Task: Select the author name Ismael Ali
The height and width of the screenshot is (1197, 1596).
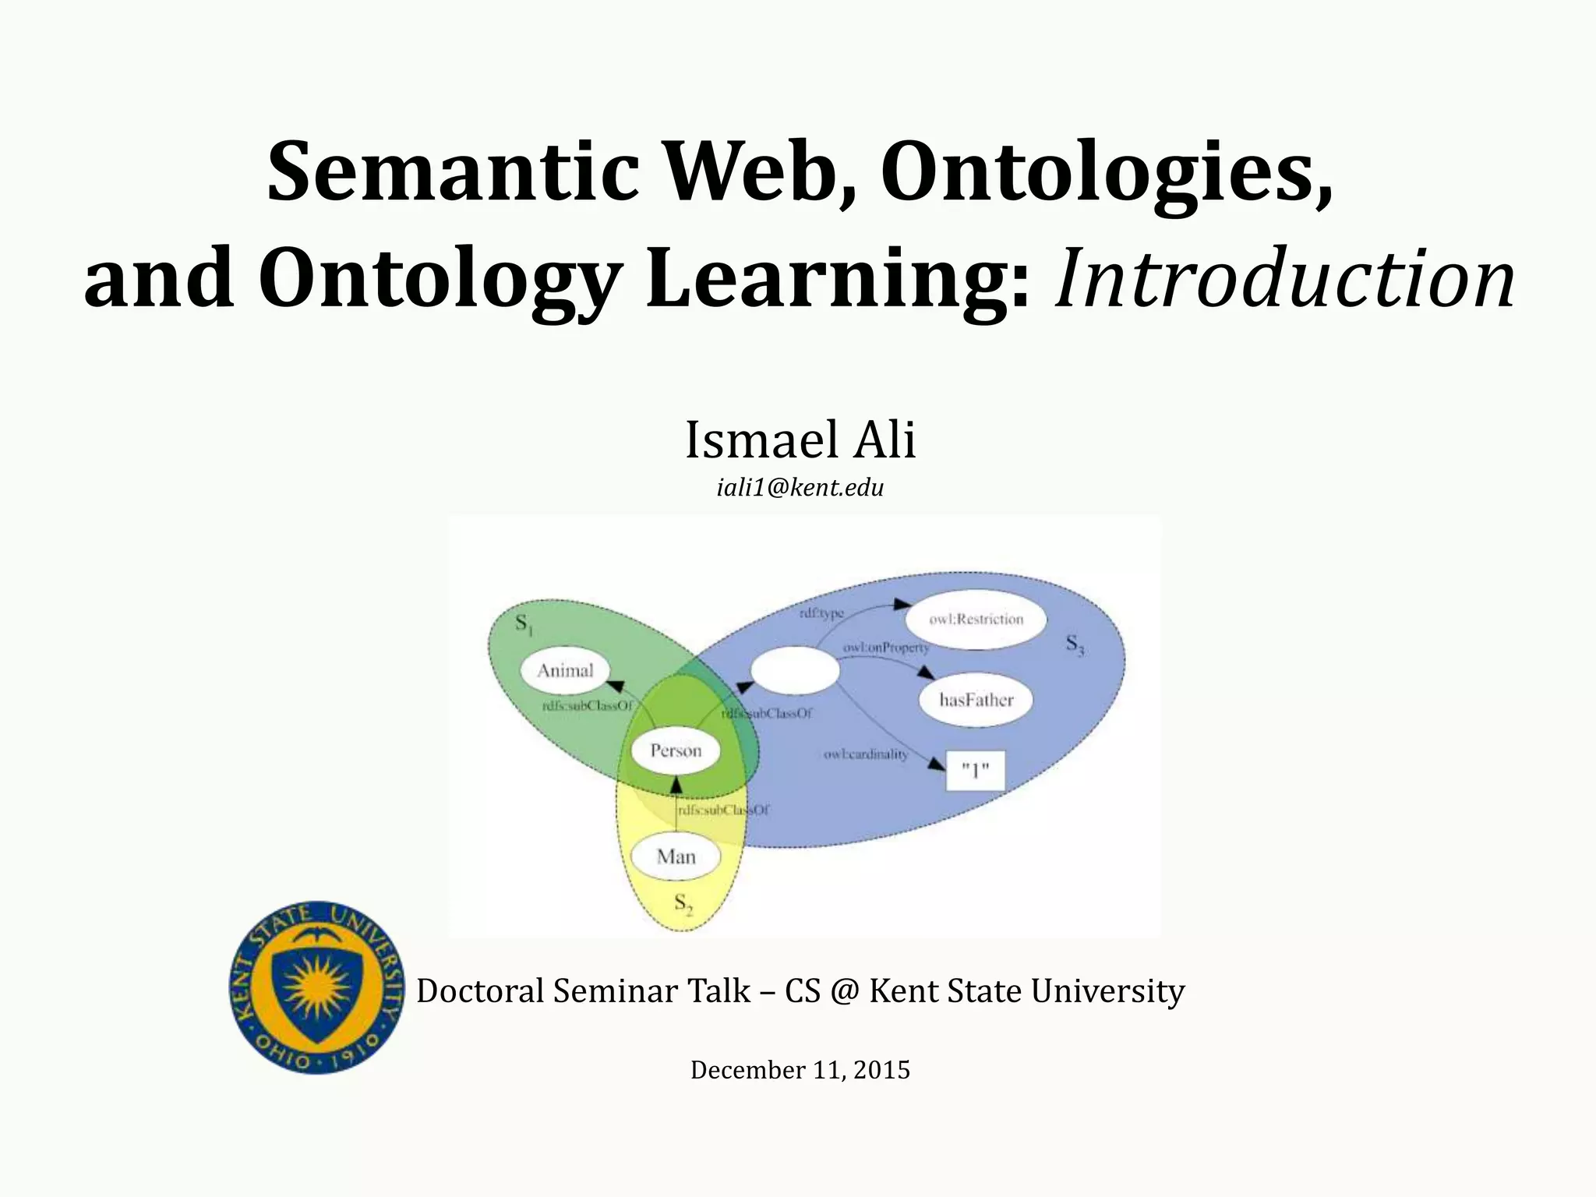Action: click(x=800, y=440)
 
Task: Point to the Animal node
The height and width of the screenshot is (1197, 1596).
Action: click(x=565, y=671)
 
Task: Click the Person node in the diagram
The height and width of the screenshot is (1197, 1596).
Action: click(x=676, y=751)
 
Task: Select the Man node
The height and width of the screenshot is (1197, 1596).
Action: click(x=676, y=857)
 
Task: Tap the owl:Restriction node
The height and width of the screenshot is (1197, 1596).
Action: click(x=976, y=620)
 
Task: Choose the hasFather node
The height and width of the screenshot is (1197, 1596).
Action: click(x=976, y=700)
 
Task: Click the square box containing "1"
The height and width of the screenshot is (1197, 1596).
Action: click(x=975, y=771)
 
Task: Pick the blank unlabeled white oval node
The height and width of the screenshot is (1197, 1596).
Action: click(x=794, y=670)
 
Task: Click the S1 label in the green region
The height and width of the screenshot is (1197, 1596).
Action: click(x=524, y=624)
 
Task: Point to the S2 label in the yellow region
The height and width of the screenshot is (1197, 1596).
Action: click(x=683, y=904)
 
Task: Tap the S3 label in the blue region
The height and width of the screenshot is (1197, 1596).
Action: click(x=1075, y=644)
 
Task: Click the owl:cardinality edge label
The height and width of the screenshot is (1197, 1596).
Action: click(x=866, y=754)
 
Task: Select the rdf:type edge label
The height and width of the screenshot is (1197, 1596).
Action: click(x=821, y=614)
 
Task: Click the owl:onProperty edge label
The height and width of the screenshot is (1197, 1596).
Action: click(x=886, y=648)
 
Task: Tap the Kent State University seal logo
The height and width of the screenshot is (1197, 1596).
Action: click(x=317, y=988)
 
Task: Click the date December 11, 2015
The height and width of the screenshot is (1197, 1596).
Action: click(x=800, y=1070)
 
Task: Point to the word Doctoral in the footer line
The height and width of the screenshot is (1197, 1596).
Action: click(x=480, y=991)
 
